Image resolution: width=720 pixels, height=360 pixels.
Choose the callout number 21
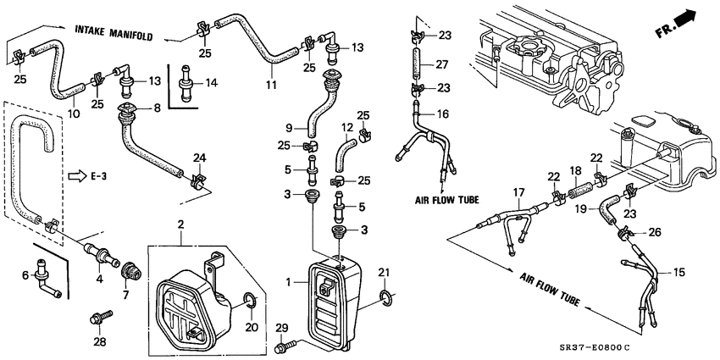[386, 271]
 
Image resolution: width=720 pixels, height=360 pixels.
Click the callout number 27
[441, 64]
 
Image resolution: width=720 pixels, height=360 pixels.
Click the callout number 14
[212, 83]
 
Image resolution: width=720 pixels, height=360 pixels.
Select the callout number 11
[271, 86]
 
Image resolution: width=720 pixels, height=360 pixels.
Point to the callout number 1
[291, 280]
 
